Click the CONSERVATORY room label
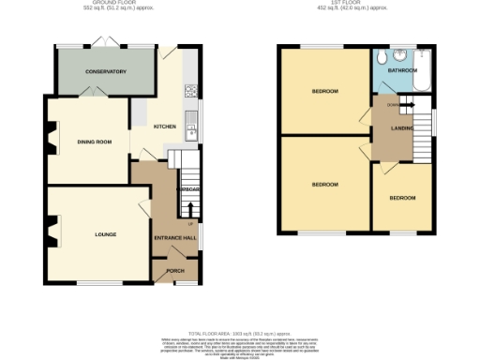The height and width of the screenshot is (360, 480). (x=104, y=71)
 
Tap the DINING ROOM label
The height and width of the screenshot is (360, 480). (x=95, y=142)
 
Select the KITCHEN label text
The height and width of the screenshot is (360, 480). (x=165, y=127)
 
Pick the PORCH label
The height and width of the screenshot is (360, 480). (x=175, y=271)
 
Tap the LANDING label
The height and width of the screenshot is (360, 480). (x=403, y=129)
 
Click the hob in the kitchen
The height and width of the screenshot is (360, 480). (x=191, y=91)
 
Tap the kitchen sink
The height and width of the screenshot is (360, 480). (x=191, y=124)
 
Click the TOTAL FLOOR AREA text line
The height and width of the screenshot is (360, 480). (x=240, y=333)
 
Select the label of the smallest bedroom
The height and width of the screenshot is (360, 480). (x=402, y=198)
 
